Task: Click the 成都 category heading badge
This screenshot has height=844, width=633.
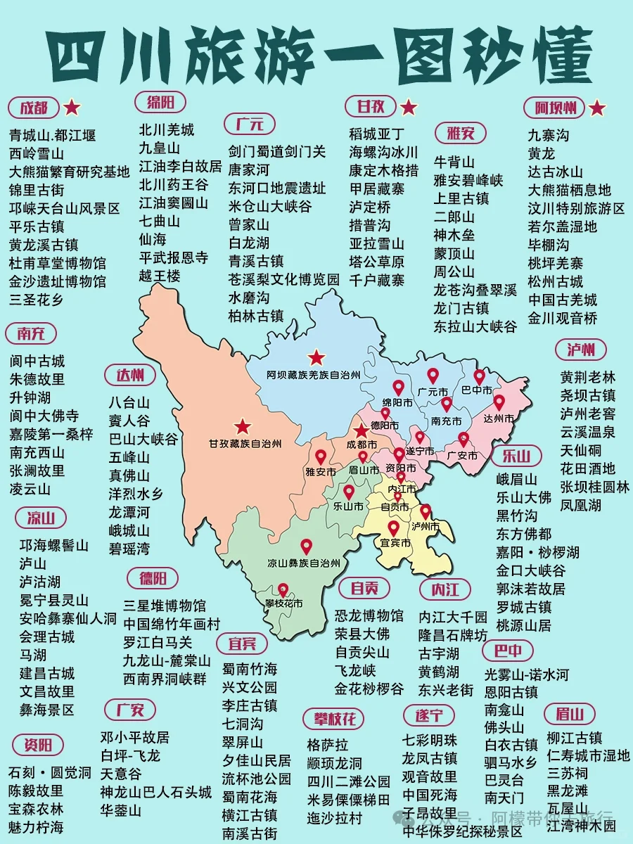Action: click(34, 108)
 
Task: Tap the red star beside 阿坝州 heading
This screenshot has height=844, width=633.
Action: click(597, 108)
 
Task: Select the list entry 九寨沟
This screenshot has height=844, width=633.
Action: click(549, 134)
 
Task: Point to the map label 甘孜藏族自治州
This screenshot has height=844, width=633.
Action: click(245, 444)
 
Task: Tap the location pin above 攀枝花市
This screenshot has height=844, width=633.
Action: click(283, 589)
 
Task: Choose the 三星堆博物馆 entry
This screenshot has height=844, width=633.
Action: click(165, 606)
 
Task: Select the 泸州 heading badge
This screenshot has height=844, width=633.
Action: click(581, 350)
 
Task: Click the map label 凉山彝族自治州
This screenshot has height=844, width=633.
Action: click(304, 563)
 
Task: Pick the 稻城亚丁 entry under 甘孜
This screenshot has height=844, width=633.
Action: click(377, 134)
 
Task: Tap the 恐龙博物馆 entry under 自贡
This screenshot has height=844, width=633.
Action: click(369, 615)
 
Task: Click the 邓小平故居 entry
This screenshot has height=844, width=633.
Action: click(134, 737)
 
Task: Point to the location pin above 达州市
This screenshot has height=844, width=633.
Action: click(499, 402)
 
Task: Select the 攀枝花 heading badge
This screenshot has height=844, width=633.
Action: click(334, 718)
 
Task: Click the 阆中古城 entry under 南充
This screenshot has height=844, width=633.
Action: click(37, 361)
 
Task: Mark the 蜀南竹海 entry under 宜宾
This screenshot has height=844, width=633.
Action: click(250, 669)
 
